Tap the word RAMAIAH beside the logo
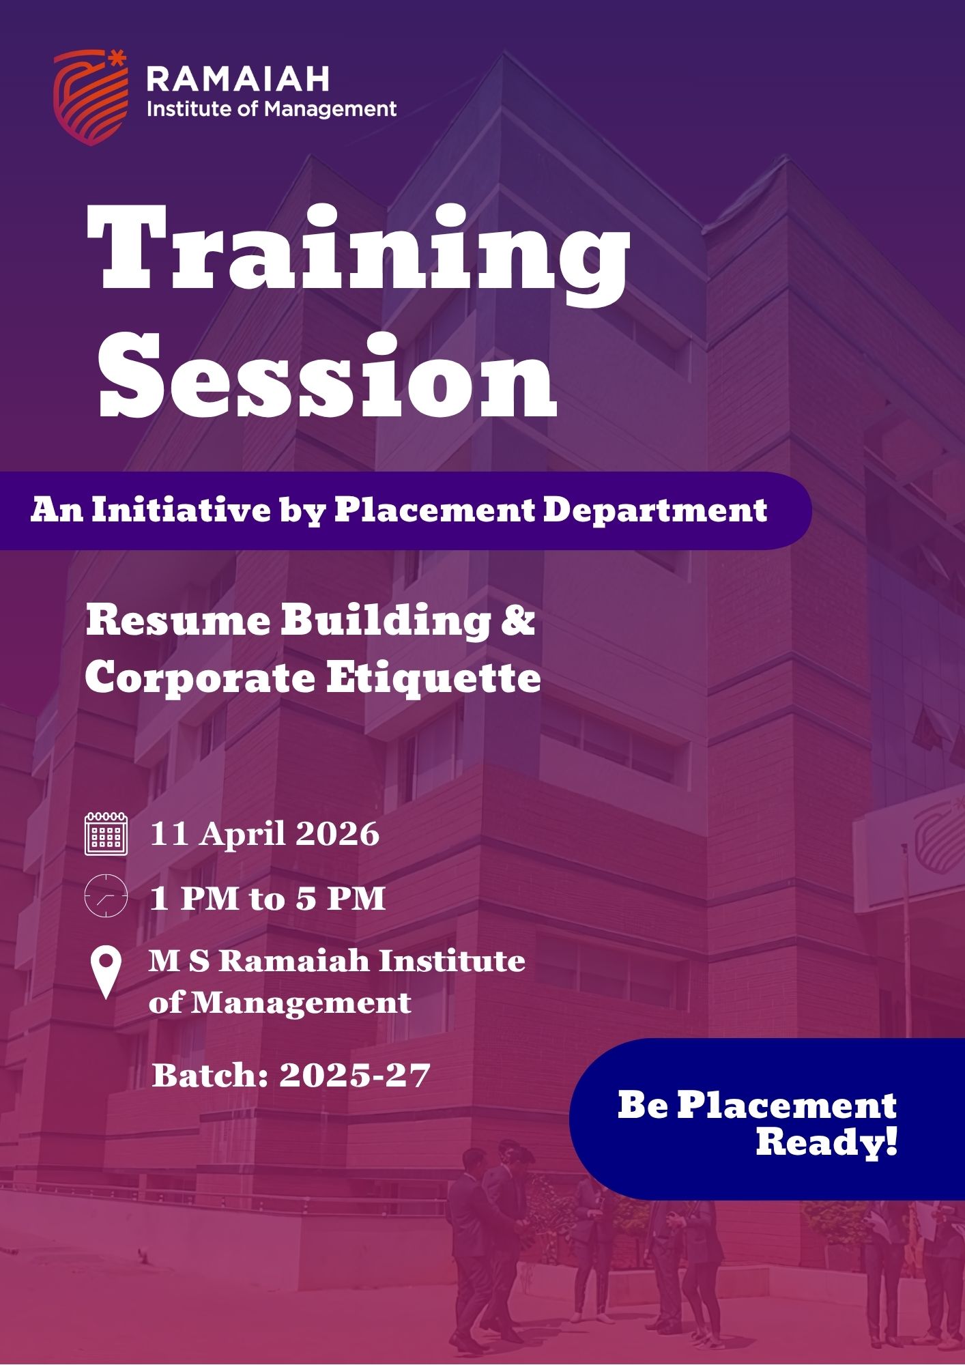coord(238,79)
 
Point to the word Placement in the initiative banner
coord(434,509)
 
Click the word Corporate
coord(200,679)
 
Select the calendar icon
coord(106,833)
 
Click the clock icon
coord(106,895)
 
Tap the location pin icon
coord(106,973)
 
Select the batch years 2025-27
coord(355,1076)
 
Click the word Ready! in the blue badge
coord(826,1141)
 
